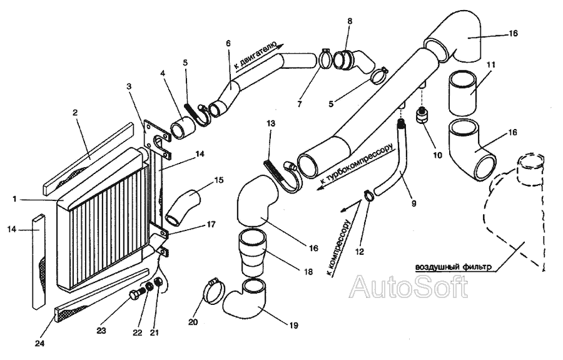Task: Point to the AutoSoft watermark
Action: (409, 287)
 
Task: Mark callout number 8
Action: (350, 21)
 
